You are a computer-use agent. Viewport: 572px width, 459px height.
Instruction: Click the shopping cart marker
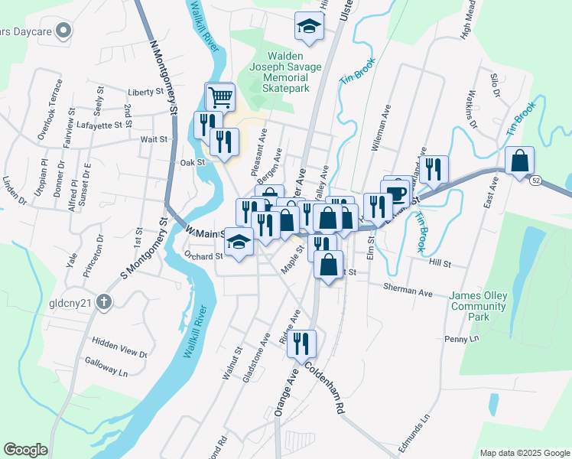[x=220, y=97]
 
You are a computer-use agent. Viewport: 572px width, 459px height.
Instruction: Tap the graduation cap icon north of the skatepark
[x=309, y=27]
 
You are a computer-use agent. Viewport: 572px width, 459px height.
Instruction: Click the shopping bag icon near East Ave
[x=519, y=161]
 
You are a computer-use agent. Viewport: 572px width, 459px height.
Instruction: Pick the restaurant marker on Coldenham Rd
[x=304, y=344]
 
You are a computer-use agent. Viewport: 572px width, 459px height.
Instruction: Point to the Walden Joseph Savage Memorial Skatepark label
[x=285, y=73]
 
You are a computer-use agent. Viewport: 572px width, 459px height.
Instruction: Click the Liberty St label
[x=147, y=92]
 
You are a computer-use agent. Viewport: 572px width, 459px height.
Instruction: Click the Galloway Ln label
[x=106, y=371]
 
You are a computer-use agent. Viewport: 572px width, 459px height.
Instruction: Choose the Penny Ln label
[x=460, y=337]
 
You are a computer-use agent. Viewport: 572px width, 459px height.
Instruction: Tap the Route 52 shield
[x=538, y=179]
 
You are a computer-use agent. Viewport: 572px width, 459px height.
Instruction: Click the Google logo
[x=26, y=450]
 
